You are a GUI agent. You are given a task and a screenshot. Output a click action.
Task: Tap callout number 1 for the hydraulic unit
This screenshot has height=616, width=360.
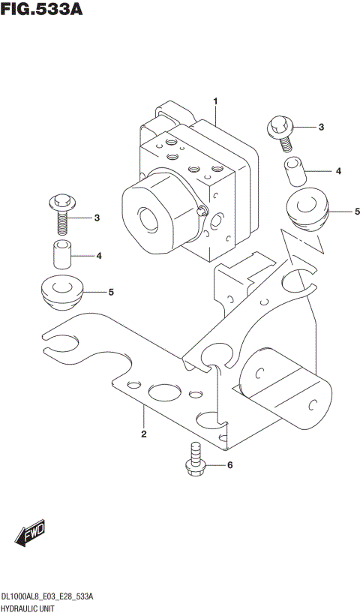215,101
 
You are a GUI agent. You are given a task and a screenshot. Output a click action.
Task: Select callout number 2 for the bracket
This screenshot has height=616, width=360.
142,434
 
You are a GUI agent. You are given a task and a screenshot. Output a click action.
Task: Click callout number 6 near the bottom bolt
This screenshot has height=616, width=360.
229,465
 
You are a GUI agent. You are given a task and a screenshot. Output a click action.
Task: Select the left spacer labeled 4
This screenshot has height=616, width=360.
61,255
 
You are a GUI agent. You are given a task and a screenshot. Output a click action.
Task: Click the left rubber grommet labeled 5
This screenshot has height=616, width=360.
60,292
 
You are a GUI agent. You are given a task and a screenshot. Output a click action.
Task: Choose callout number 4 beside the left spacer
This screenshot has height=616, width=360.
98,256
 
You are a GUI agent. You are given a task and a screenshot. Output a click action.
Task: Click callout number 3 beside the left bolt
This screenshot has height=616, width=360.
97,218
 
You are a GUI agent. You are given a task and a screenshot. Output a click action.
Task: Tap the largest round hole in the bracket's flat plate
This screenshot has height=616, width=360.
162,392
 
